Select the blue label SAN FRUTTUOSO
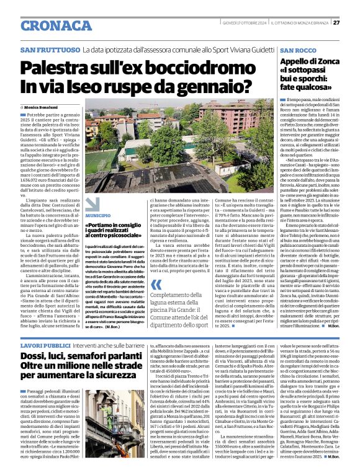click(x=50, y=49)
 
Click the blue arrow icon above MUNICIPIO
click(x=92, y=205)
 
